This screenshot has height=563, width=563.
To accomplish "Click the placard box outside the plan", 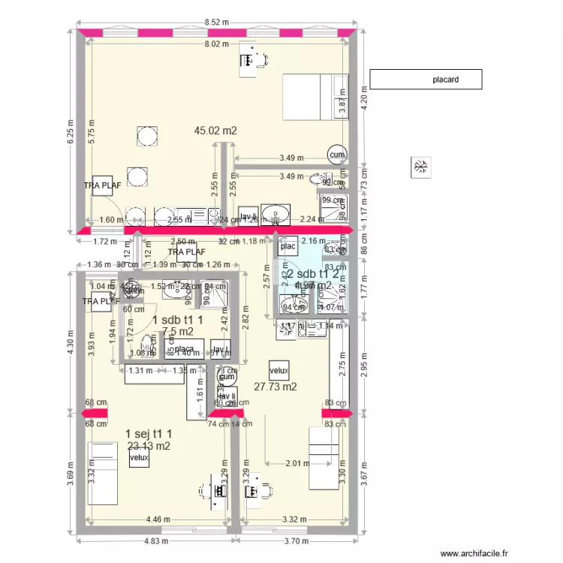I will click(426, 79).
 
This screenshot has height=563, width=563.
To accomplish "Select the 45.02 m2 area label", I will click(215, 131).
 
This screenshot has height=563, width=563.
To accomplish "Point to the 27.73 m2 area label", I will click(275, 387).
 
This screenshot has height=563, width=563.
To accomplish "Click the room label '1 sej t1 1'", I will click(150, 434).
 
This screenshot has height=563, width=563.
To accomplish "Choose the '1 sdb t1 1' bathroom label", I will click(178, 321).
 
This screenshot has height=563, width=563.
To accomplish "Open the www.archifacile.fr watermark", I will click(474, 553).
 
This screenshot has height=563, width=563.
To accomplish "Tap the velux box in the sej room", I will click(139, 457).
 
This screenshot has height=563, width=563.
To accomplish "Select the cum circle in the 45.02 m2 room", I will click(337, 155).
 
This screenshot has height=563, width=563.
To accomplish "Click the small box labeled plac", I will click(288, 246).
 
